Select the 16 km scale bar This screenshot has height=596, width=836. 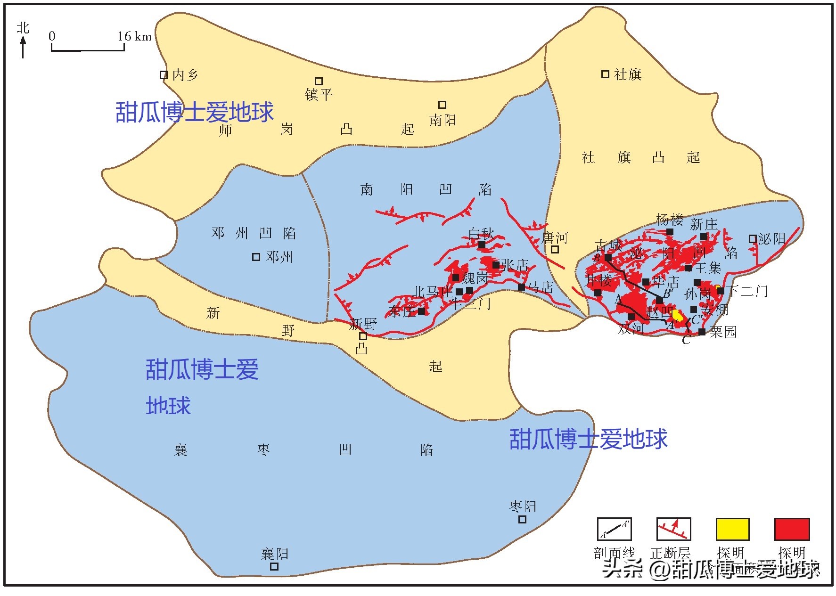(x=88, y=48)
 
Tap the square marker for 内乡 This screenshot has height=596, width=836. (x=164, y=74)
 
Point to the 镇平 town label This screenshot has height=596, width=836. (x=319, y=95)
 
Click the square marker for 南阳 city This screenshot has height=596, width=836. (x=442, y=105)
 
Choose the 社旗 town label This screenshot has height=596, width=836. (x=628, y=74)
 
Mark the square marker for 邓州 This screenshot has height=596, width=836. (x=256, y=257)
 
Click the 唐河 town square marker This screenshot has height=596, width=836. (x=555, y=249)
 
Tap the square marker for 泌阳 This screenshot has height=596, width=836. (x=753, y=239)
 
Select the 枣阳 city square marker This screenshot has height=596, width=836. (x=522, y=519)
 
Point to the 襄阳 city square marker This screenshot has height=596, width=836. (x=274, y=566)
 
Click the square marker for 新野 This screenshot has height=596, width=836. (x=363, y=336)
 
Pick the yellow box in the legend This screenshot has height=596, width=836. (x=732, y=529)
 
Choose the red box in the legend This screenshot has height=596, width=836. (x=792, y=529)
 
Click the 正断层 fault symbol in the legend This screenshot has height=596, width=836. (x=673, y=529)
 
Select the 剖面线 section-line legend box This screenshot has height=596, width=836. (x=614, y=529)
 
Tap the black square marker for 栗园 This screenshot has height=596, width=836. (x=702, y=332)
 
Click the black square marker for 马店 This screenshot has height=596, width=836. (x=521, y=287)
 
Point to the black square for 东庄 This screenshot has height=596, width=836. (x=421, y=311)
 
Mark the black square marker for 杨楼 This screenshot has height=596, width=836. (x=670, y=231)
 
